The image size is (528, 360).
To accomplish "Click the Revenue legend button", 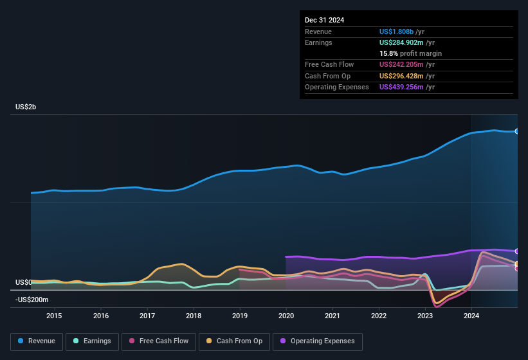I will coord(37,341).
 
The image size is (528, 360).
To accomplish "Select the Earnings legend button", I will coord(92,341).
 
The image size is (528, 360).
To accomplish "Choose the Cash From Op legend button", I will coord(235,341).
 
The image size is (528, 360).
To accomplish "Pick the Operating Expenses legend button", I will coord(318,341).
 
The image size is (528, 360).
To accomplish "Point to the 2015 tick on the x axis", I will coord(54,316).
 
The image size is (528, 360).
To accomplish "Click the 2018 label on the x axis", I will coord(194,316).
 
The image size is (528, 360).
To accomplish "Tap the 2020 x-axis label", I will coord(286,316).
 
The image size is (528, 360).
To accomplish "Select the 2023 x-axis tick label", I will coord(425,316).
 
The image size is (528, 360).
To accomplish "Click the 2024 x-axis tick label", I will coord(471,316).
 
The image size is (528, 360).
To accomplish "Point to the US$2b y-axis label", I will coord(26,107).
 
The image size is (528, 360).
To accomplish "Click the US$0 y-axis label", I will coord(24,282).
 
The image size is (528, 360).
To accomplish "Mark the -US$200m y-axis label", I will coord(32,300).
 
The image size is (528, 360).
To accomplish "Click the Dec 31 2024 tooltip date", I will coord(324,20).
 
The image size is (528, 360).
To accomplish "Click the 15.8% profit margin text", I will coord(410,53).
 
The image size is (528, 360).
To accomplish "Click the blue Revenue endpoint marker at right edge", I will coord(517,131).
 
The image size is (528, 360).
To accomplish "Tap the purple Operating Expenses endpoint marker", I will coord(517,251).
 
